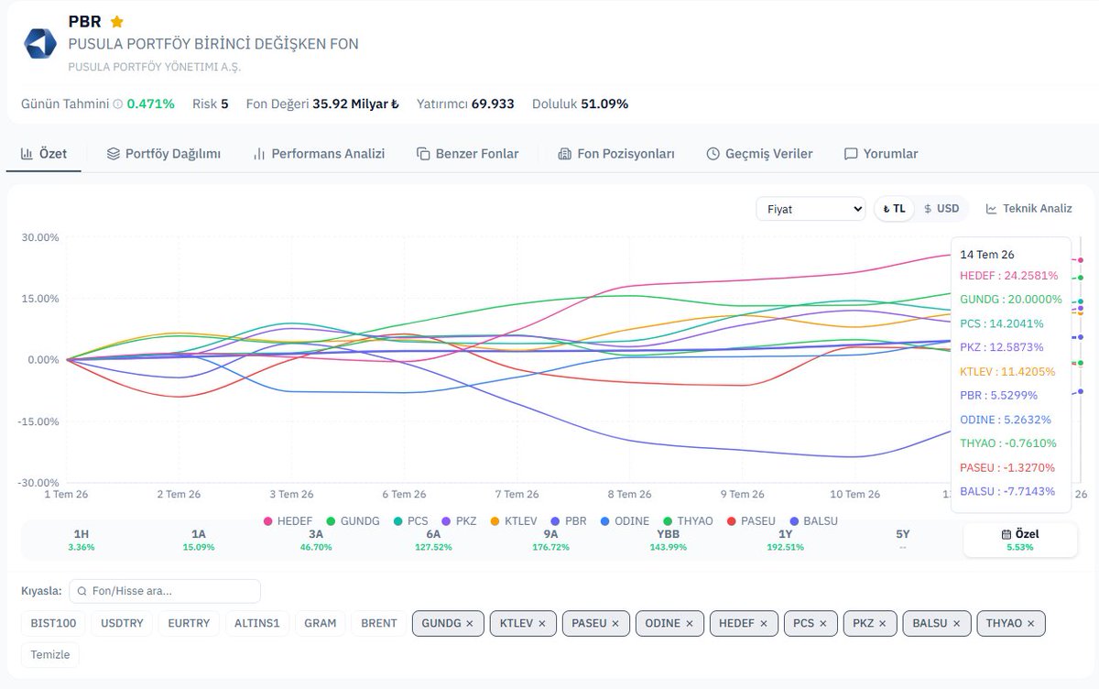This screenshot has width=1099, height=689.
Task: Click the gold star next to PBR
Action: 117,22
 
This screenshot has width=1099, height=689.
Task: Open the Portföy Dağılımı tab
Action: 163,154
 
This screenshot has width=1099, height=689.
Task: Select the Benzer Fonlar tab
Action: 467,154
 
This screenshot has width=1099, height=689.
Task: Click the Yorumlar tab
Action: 881,154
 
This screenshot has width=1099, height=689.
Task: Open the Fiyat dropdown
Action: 811,209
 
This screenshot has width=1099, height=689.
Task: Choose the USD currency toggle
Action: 941,209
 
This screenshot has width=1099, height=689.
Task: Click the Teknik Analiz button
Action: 1028,209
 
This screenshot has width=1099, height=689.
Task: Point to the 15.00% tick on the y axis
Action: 39,299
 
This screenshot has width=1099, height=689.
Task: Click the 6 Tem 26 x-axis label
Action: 404,494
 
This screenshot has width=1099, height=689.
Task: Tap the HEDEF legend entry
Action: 288,521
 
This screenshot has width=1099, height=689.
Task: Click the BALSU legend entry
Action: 814,521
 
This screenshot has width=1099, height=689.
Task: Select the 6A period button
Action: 433,540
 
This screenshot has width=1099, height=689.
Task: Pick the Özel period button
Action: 1020,540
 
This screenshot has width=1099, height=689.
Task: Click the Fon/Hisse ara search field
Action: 165,591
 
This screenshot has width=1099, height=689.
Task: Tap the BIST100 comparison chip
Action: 53,623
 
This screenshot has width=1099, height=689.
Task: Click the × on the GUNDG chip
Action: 470,624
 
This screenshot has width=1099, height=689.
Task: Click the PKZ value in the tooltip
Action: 1001,347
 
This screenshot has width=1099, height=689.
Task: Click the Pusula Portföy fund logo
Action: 40,44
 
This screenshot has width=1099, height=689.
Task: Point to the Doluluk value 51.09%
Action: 604,104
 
